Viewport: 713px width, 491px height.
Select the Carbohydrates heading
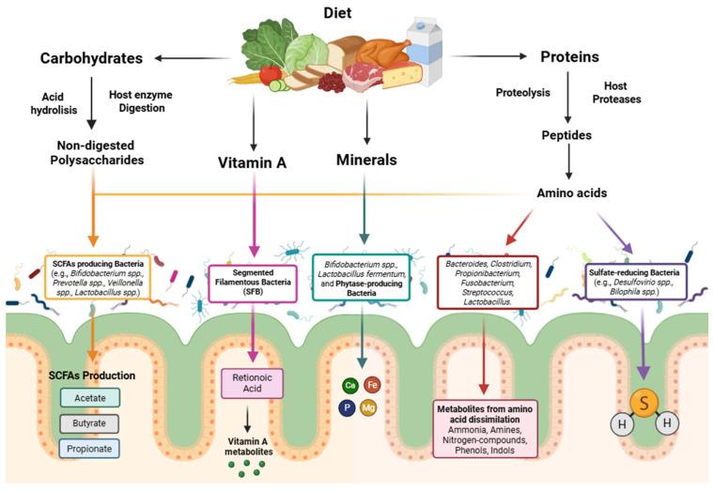pos(90,59)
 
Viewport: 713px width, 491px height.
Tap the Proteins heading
pos(569,57)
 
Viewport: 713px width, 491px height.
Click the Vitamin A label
pos(253,161)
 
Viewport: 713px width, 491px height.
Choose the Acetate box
pos(90,398)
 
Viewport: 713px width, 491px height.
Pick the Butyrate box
pos(90,423)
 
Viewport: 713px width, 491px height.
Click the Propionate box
pos(90,449)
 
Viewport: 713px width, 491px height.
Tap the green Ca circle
pos(350,385)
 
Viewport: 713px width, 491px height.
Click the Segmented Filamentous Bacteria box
pos(253,280)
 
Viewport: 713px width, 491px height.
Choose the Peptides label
pos(566,135)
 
